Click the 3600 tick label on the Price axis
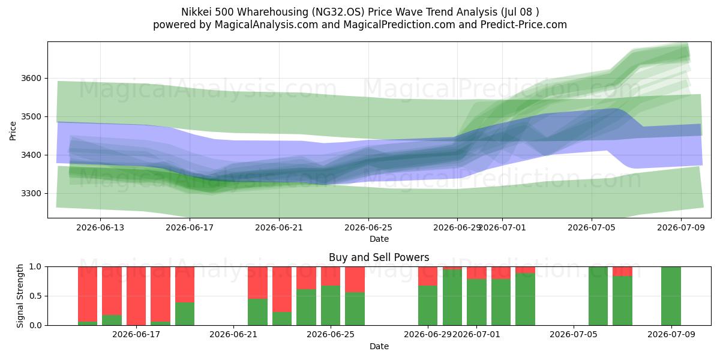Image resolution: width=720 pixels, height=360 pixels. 31,79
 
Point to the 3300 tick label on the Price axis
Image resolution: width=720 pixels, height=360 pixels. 31,193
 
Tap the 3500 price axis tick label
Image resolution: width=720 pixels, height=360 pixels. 31,116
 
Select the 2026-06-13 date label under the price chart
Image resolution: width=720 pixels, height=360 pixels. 100,227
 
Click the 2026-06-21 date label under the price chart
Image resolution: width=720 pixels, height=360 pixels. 279,227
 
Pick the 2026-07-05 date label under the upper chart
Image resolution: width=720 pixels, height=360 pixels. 592,227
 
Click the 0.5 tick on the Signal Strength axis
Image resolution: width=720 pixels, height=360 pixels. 35,296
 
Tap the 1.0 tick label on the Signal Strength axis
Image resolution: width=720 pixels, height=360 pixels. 35,266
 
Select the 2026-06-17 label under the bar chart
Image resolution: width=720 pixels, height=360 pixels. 136,334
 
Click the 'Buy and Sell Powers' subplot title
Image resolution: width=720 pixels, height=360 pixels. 379,257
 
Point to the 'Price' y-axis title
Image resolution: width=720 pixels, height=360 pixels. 13,131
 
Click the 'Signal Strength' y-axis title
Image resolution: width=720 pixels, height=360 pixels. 20,296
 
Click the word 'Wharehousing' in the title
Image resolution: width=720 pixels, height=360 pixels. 272,12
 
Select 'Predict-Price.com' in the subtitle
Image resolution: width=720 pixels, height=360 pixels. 524,25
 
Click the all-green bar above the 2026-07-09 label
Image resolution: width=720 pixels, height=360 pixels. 671,296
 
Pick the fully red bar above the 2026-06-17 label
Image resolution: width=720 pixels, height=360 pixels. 136,296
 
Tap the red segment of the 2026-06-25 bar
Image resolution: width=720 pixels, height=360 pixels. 331,276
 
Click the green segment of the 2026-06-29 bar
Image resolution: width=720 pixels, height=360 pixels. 428,305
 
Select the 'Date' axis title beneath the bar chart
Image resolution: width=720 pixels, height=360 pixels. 379,346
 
